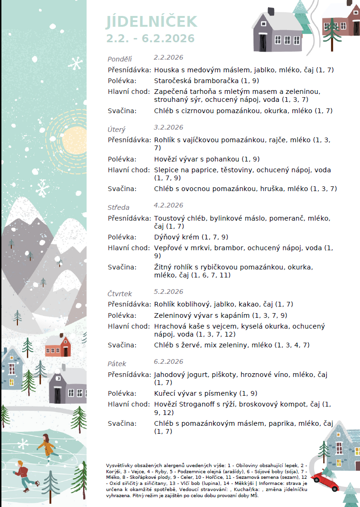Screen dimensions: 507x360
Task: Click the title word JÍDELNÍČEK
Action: coord(152,22)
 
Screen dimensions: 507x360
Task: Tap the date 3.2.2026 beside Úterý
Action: coord(169,127)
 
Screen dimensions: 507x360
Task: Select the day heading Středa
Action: coord(118,207)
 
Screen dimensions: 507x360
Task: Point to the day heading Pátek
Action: coord(117,364)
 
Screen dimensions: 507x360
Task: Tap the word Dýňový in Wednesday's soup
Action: coord(167,237)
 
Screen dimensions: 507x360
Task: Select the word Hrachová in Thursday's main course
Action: coord(169,326)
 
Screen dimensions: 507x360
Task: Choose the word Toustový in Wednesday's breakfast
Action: coord(169,218)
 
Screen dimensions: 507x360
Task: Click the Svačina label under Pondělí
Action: coord(122,111)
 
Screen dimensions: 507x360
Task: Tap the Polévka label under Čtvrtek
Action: coord(122,315)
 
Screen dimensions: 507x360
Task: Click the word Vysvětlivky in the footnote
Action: coord(120,465)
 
